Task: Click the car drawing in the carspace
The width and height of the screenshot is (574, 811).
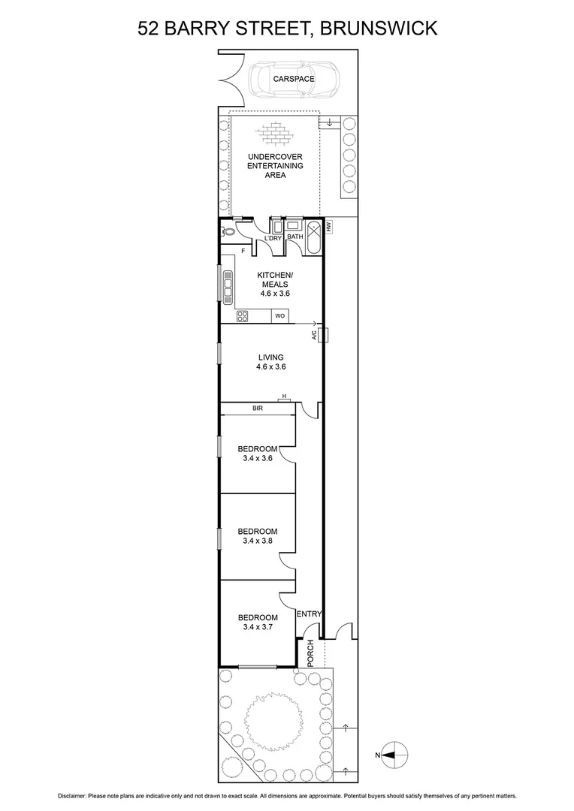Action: [x=295, y=79]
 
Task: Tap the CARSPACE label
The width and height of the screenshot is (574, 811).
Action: [x=295, y=78]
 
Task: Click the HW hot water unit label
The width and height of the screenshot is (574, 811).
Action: [x=328, y=225]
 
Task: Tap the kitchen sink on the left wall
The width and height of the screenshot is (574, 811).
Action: [x=226, y=285]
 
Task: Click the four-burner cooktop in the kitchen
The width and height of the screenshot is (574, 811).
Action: [x=243, y=316]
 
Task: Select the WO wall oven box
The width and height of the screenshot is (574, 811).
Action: [x=279, y=316]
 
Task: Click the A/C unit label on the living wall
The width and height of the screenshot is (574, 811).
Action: [x=315, y=335]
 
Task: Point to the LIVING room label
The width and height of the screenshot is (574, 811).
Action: [x=270, y=357]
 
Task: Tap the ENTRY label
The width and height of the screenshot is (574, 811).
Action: [x=309, y=614]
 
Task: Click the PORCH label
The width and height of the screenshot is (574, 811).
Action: [x=310, y=653]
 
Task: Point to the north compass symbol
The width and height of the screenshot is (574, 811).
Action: [x=394, y=751]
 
